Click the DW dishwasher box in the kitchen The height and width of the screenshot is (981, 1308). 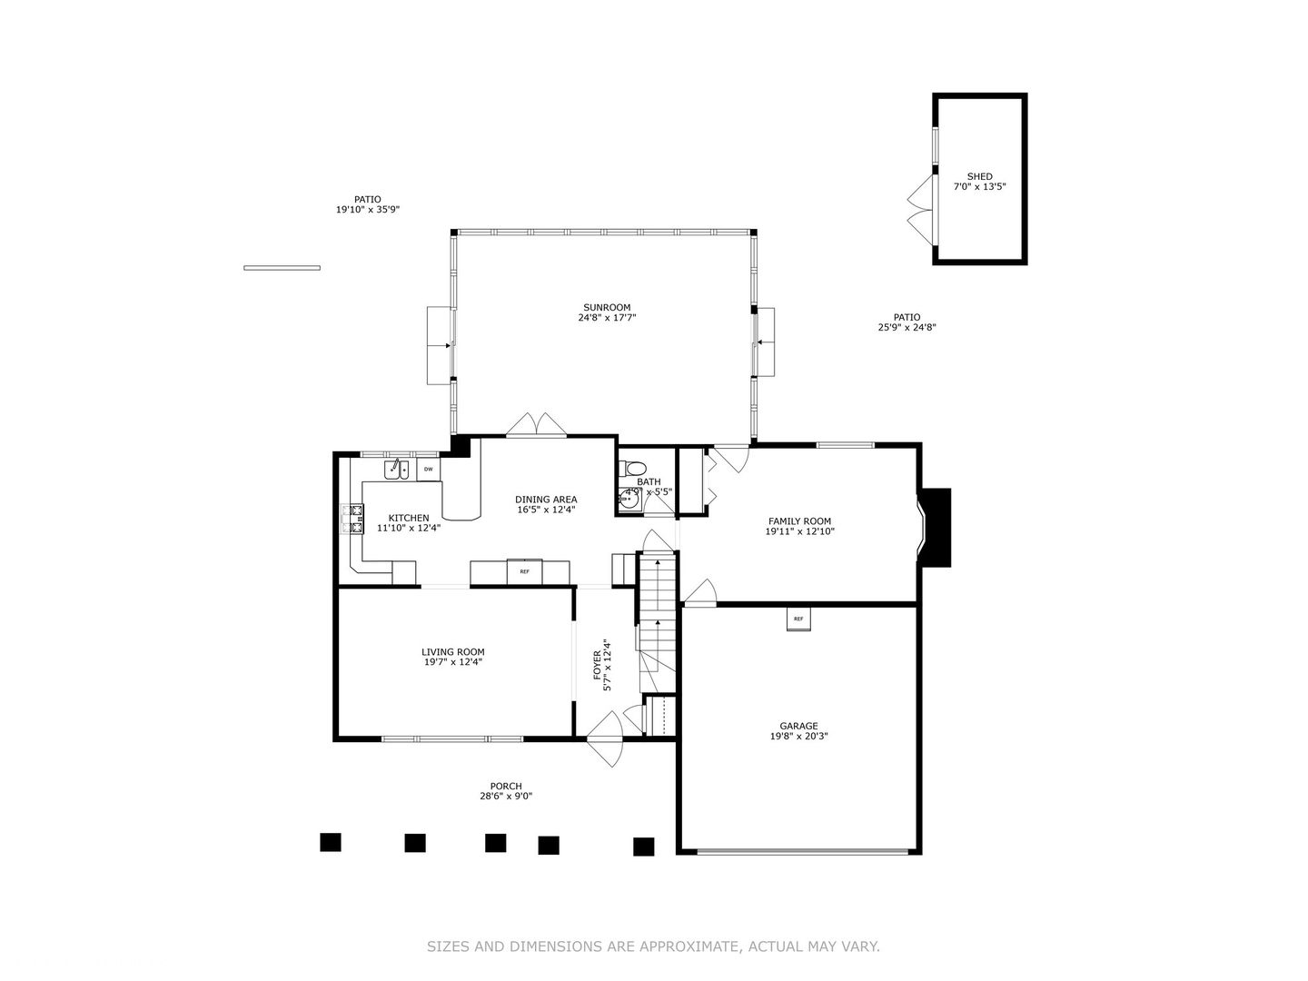[428, 469]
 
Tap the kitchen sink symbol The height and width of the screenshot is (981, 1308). [396, 469]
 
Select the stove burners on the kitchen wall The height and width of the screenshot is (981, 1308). [352, 519]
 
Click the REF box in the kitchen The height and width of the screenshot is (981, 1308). [524, 571]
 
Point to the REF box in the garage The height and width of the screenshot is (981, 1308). [798, 619]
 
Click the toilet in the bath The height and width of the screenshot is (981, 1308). [626, 469]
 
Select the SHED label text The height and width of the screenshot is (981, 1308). [979, 176]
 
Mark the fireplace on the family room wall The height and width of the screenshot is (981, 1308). [936, 527]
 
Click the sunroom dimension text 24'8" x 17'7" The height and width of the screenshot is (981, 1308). [607, 318]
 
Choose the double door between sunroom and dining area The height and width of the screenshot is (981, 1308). [537, 426]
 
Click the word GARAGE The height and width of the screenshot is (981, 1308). [798, 726]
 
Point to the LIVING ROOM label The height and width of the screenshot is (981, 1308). [452, 651]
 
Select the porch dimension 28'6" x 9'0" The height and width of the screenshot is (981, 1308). [506, 797]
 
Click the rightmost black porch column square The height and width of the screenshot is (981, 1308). [643, 847]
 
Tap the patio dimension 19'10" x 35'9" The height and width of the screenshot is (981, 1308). [368, 210]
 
